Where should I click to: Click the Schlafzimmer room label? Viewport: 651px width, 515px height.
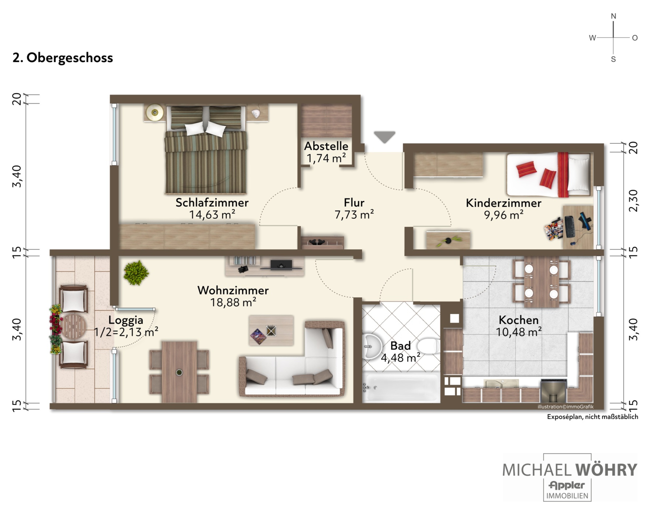click(212, 203)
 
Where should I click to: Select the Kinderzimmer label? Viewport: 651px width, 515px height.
click(503, 203)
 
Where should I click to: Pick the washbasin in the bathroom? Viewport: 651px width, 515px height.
click(371, 347)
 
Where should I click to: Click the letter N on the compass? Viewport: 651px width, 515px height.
click(613, 16)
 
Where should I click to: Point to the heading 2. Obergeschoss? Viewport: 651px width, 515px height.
click(63, 58)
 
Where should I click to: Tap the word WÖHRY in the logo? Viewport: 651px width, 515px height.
click(606, 470)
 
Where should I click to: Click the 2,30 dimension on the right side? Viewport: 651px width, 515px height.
click(633, 200)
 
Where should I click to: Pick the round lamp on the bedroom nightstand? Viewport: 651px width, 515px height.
click(155, 113)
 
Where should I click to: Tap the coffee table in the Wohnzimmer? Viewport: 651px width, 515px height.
click(271, 330)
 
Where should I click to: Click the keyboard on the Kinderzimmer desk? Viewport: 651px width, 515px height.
click(569, 227)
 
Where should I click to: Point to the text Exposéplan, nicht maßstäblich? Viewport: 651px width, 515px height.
click(592, 417)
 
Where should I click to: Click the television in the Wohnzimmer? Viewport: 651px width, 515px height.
click(281, 264)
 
